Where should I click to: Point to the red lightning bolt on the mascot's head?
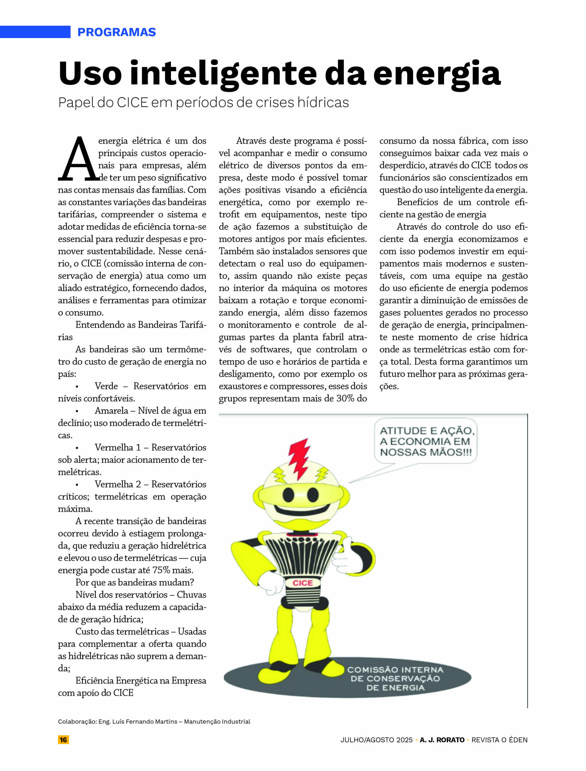pyautogui.click(x=299, y=459)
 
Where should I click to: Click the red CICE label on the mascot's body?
pyautogui.click(x=302, y=583)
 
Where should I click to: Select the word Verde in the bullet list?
pyautogui.click(x=106, y=386)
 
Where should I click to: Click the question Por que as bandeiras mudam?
pyautogui.click(x=135, y=582)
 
